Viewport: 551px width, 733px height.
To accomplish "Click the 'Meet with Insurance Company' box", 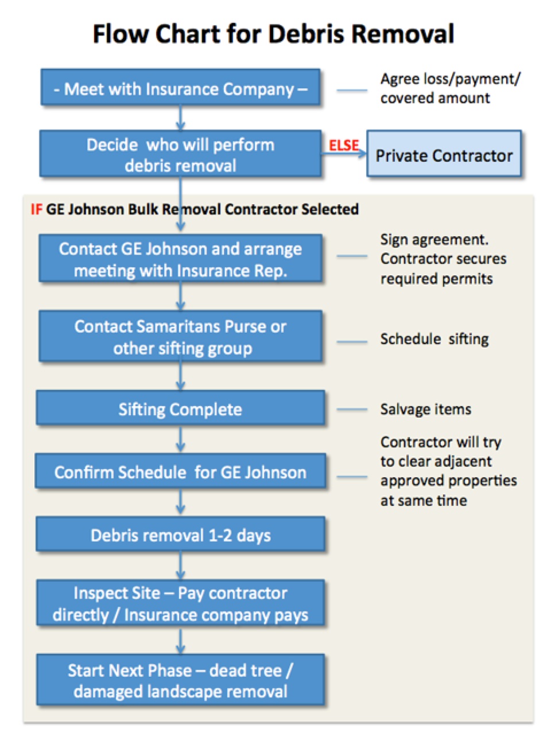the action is click(180, 87).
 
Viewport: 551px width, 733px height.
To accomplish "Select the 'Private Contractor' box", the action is click(444, 153).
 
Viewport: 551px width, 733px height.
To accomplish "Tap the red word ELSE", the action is click(344, 145).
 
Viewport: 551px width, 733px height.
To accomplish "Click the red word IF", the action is click(36, 209).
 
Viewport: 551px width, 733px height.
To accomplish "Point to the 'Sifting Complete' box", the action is click(180, 407).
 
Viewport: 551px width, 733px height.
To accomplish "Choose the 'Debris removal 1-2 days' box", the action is click(180, 533).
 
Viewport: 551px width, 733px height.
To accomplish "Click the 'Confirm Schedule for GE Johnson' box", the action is click(180, 471).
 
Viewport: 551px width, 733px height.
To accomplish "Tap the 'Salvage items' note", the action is click(426, 409).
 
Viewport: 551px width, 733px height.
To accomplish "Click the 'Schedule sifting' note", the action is click(434, 340).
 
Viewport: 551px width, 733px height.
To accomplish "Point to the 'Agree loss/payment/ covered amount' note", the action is click(450, 88).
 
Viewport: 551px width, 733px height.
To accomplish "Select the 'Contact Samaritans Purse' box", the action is click(180, 336).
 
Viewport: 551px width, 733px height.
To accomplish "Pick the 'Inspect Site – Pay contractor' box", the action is click(180, 602).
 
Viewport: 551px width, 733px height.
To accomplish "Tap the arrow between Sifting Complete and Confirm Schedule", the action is click(180, 439).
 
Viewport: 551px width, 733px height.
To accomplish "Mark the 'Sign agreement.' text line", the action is click(434, 240).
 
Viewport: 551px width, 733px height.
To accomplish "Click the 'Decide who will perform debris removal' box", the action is click(180, 153).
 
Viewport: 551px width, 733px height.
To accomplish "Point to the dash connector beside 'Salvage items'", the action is click(352, 409).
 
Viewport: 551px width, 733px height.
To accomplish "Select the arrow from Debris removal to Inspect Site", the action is click(180, 565).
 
